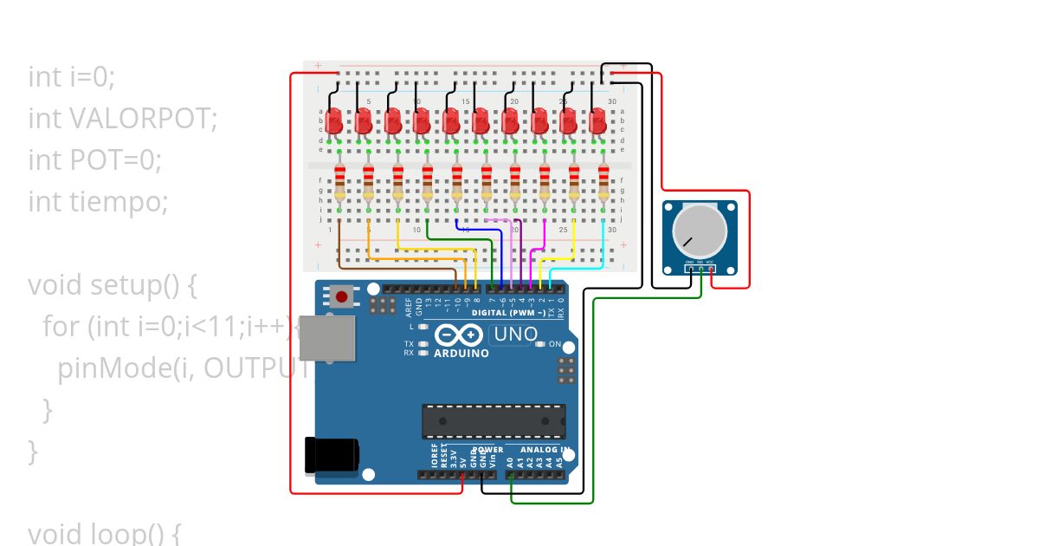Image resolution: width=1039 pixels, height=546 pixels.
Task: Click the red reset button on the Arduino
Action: coord(342,298)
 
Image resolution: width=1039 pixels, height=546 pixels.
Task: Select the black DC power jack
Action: coord(332,455)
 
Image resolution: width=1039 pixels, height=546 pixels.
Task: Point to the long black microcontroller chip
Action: coord(494,421)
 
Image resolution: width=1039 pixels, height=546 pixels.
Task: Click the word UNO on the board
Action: coord(515,335)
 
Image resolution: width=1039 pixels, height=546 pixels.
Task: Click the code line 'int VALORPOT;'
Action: coord(122,118)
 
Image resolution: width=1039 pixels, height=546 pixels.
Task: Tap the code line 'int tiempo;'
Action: coord(98,201)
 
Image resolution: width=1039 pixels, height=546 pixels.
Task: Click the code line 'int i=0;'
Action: coord(71,76)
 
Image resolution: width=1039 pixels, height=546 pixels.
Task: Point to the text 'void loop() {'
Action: coord(104,532)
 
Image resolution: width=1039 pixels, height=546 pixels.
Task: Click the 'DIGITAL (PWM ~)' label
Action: coord(509,312)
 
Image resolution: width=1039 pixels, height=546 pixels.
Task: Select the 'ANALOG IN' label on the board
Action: coord(545,450)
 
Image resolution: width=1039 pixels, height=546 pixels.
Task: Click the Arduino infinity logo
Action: coord(459,335)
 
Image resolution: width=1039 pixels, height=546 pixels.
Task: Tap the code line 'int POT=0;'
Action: coord(95,159)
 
